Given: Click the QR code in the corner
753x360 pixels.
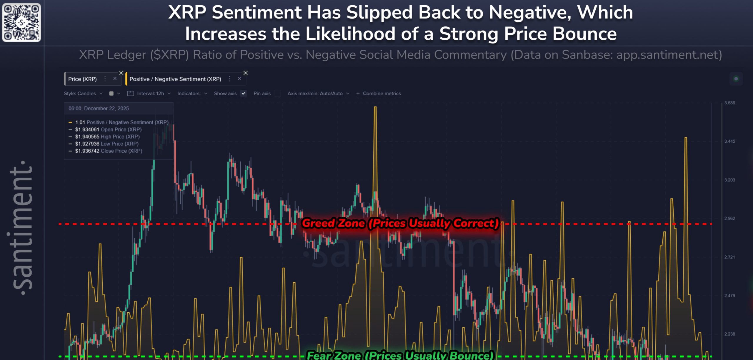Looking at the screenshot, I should pyautogui.click(x=21, y=22).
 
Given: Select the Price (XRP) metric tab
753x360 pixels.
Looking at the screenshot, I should pyautogui.click(x=82, y=79).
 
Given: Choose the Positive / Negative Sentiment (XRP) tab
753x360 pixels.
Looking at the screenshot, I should pyautogui.click(x=175, y=79).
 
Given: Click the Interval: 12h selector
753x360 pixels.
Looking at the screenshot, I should pyautogui.click(x=149, y=94).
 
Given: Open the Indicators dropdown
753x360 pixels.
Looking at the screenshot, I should pyautogui.click(x=192, y=94).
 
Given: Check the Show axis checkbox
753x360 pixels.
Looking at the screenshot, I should pyautogui.click(x=243, y=94).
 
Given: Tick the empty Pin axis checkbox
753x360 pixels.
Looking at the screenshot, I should pyautogui.click(x=277, y=94).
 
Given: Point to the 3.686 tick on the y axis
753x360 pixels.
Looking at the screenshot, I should pyautogui.click(x=729, y=103).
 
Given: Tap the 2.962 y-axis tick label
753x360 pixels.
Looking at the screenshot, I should pyautogui.click(x=729, y=219).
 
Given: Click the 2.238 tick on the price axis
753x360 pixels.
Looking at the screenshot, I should pyautogui.click(x=729, y=334).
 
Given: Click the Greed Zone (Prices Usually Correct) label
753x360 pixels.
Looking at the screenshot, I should pyautogui.click(x=400, y=223).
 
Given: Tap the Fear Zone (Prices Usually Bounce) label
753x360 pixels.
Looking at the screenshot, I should pyautogui.click(x=400, y=355).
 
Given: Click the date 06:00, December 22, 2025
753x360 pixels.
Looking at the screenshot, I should pyautogui.click(x=99, y=109).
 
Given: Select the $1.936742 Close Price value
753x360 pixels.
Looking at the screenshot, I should pyautogui.click(x=87, y=151).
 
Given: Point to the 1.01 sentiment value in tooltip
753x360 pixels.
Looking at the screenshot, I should pyautogui.click(x=80, y=122).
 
